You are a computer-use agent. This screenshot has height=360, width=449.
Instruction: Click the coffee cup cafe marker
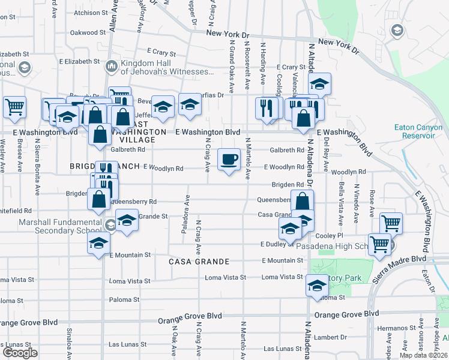pyautogui.click(x=229, y=160)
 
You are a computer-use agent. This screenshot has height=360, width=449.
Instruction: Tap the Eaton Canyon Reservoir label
pyautogui.click(x=418, y=131)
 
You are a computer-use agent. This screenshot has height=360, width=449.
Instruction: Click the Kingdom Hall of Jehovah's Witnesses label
pyautogui.click(x=167, y=67)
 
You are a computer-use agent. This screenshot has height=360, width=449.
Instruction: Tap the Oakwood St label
pyautogui.click(x=88, y=32)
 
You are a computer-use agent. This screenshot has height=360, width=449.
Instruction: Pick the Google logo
pyautogui.click(x=20, y=353)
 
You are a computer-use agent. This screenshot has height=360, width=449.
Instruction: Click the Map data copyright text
pyautogui.click(x=423, y=355)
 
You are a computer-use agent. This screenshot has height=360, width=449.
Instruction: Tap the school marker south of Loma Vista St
pyautogui.click(x=317, y=286)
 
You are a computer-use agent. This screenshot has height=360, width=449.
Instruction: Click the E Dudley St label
pyautogui.click(x=276, y=244)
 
